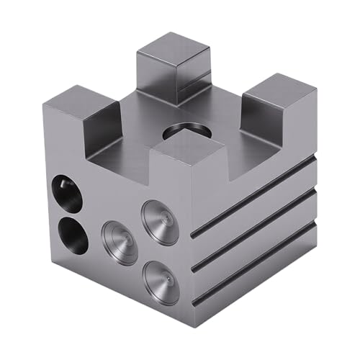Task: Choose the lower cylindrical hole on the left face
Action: pos(71,235)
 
